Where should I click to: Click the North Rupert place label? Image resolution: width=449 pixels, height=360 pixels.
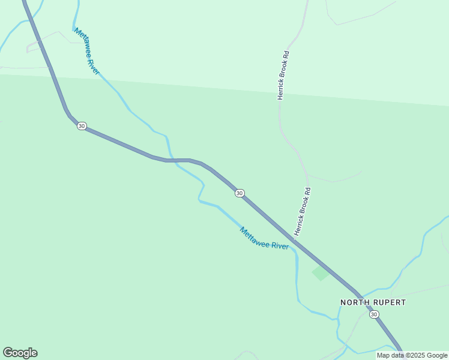point(373,302)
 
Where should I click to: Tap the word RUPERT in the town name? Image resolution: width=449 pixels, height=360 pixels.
point(388,302)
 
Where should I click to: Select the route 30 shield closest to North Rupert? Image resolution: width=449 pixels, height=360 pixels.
point(374,314)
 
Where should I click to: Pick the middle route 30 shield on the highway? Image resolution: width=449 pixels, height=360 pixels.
point(240,193)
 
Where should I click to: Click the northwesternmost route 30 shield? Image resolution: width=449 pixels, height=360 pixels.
point(82,125)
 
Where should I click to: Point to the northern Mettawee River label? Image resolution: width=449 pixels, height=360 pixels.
point(87,51)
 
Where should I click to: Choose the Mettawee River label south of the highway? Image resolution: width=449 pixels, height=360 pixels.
point(264,238)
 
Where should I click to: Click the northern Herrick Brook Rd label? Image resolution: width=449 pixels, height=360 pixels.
point(283,74)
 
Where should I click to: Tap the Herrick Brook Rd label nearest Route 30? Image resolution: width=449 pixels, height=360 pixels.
point(302,211)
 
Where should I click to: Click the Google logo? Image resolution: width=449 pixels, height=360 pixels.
point(20,353)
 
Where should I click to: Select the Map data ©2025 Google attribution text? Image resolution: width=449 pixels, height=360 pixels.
point(412,355)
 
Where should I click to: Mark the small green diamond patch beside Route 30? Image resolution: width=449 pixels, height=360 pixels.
point(321,273)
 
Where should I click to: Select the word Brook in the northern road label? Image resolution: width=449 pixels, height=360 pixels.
point(283,72)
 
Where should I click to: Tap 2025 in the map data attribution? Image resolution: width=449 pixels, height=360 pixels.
point(415,355)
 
